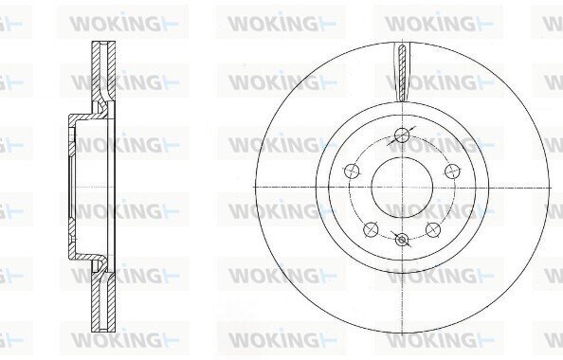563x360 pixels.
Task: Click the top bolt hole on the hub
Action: [402, 135]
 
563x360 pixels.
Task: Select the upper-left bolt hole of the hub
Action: [352, 171]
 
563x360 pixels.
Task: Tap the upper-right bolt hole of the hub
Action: [452, 171]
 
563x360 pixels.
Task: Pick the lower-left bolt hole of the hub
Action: [371, 229]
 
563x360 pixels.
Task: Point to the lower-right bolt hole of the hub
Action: [433, 229]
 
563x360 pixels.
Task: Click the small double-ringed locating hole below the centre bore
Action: [402, 240]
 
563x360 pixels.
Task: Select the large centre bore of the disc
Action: [402, 188]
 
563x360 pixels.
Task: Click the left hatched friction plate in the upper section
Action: [96, 72]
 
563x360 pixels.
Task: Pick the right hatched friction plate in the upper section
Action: [111, 71]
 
